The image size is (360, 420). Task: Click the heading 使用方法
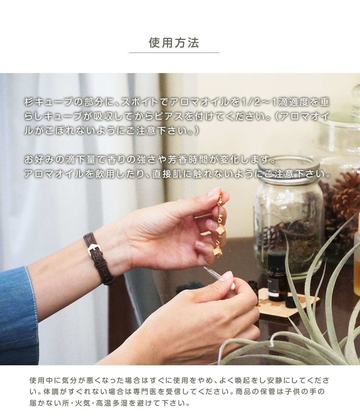(x=174, y=43)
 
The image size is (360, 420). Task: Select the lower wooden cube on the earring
(x=217, y=252)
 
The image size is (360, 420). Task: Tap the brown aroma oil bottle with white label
(x=277, y=276)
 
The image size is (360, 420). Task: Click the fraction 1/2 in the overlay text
(x=250, y=102)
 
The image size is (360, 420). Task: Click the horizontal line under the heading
(x=174, y=53)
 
